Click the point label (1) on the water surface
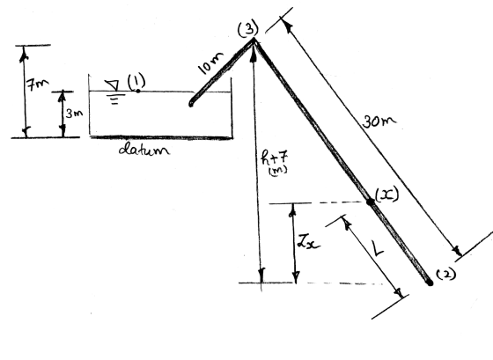coord(136,81)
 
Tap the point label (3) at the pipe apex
coord(248,29)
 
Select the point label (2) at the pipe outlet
coord(446,274)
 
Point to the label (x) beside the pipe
coord(387,195)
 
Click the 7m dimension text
coord(37,84)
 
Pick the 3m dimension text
coord(74,114)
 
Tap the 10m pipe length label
coord(210,63)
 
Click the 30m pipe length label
coord(379,121)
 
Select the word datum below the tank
coord(144,149)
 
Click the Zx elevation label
coord(308,242)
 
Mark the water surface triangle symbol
coord(113,85)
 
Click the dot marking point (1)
coord(137,91)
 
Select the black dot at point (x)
coord(371,202)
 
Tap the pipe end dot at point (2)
coord(430,283)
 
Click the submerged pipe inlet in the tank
coord(191,104)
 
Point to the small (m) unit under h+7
coord(278,171)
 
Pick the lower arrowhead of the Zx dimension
coord(296,276)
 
